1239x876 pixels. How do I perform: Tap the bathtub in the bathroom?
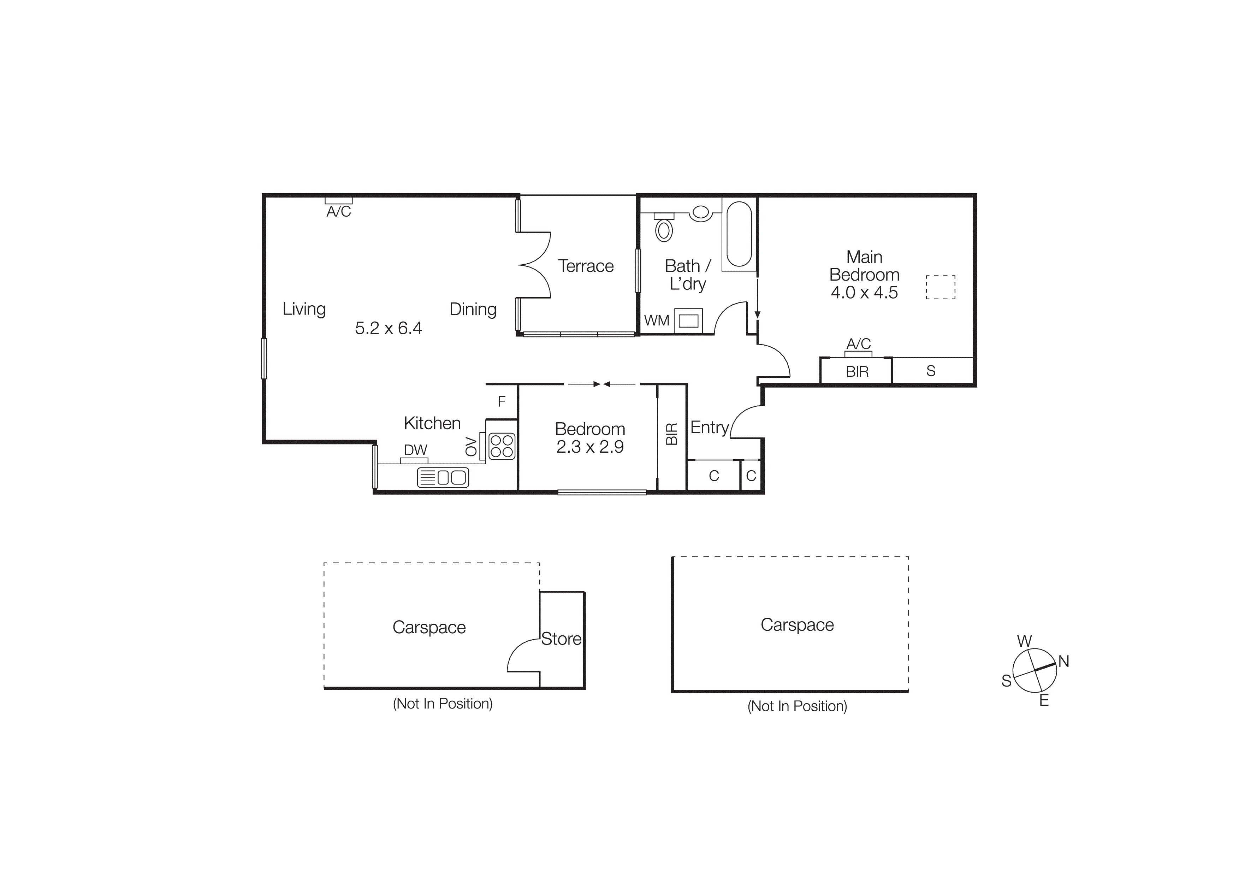[739, 234]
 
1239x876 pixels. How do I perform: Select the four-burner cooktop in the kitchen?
[502, 446]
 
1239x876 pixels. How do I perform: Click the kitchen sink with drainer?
[443, 477]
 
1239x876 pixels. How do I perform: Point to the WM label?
[657, 321]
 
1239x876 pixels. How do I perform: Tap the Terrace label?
[586, 266]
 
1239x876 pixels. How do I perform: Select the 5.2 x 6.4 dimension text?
[388, 328]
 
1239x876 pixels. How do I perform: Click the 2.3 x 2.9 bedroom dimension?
[590, 447]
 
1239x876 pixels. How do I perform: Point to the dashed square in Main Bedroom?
[941, 287]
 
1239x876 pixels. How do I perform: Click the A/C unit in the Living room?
[338, 201]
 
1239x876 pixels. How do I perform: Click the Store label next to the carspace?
[561, 639]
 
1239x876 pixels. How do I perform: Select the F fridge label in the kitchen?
[501, 401]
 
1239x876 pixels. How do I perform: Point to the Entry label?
[710, 428]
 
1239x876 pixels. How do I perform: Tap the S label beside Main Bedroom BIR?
[931, 371]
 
